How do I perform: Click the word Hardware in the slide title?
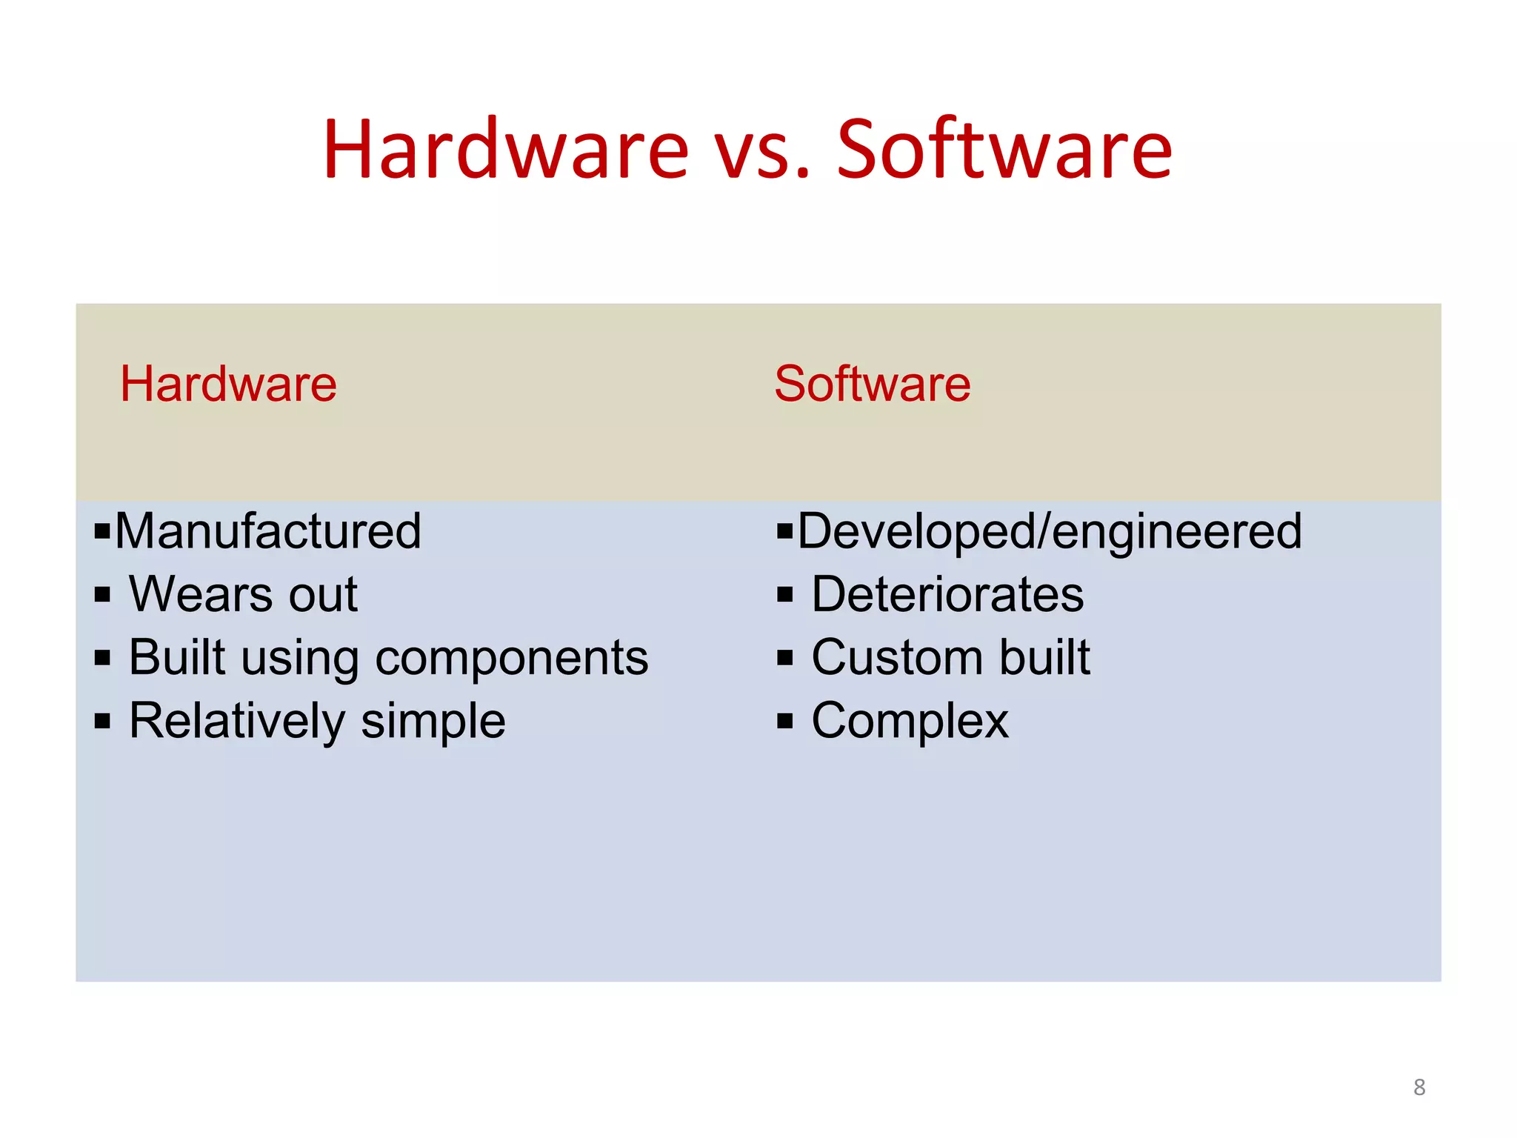pos(506,150)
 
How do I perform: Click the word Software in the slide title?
pos(1004,150)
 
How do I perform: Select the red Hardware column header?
pos(228,384)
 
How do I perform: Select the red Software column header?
pos(872,384)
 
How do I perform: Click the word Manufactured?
pos(268,531)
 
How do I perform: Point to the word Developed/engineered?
pos(1050,531)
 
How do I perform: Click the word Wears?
pos(201,594)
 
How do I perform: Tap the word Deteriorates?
pos(947,594)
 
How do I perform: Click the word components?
pos(512,659)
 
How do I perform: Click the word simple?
pos(433,721)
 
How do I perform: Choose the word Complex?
pos(910,721)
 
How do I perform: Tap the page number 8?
pos(1419,1087)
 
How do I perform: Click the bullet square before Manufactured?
pos(102,530)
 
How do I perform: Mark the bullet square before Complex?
pos(785,721)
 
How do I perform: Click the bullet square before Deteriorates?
pos(785,594)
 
